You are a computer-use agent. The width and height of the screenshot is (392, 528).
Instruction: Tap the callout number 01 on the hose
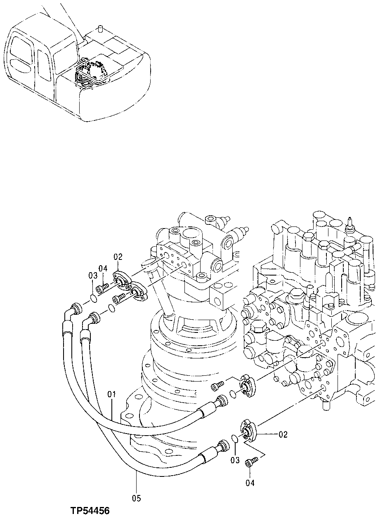point(112,395)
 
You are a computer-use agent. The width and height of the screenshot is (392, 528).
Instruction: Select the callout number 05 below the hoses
point(136,499)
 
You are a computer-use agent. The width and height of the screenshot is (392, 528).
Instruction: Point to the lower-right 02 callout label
point(283,434)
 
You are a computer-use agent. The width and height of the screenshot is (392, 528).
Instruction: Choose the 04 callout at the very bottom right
point(250,483)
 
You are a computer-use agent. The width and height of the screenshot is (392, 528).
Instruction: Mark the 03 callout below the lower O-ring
point(235,460)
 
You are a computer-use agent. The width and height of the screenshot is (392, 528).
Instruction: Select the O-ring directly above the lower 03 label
point(234,438)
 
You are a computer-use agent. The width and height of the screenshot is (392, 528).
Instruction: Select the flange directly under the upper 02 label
point(120,280)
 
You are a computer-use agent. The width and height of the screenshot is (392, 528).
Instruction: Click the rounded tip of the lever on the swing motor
point(147,262)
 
